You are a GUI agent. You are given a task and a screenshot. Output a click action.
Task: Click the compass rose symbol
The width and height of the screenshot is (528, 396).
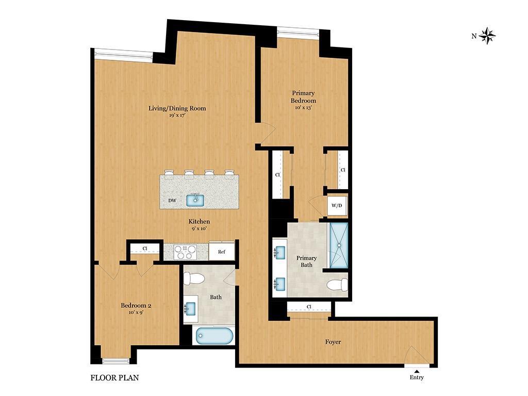tap(487, 36)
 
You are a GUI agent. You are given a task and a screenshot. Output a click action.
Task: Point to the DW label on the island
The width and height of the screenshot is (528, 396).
tap(172, 201)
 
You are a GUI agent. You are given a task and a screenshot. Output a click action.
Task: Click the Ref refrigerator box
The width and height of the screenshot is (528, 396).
tap(221, 252)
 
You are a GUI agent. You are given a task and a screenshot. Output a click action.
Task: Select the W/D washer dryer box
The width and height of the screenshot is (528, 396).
tap(337, 206)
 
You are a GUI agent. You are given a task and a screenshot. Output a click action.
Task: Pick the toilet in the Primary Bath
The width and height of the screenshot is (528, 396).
tap(338, 285)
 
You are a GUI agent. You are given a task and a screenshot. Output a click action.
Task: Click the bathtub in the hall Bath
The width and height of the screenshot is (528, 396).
tap(213, 336)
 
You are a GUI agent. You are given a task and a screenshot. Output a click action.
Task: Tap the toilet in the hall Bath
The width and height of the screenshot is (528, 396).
tap(194, 279)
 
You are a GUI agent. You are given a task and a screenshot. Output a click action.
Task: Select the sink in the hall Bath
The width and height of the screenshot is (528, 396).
tap(190, 309)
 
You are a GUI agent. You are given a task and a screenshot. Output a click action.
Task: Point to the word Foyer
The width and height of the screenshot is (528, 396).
tap(333, 342)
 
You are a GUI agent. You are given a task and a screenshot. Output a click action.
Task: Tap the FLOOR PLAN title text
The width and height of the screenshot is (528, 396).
tap(114, 377)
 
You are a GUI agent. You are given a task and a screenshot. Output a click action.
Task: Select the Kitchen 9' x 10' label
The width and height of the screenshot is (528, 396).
tap(199, 225)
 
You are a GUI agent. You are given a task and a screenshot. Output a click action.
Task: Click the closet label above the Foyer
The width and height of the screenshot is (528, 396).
tap(309, 307)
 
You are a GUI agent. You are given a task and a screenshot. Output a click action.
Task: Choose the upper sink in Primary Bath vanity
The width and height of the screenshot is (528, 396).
tap(280, 252)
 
